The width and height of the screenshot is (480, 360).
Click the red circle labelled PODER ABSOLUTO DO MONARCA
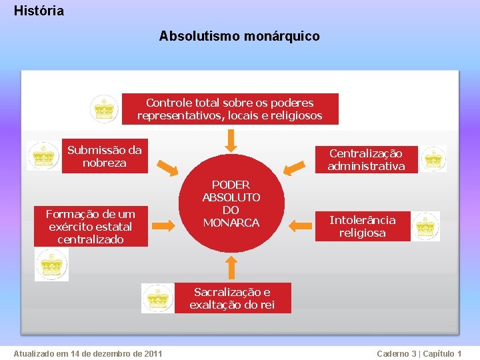[x=231, y=204]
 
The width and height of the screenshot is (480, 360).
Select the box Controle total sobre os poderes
[x=230, y=109]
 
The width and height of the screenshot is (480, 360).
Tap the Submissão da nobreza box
[x=105, y=157]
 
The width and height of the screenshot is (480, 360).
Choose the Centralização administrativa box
[x=366, y=160]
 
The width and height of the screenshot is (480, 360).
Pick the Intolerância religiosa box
[x=363, y=227]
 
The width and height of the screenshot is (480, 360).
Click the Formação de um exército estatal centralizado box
[x=91, y=227]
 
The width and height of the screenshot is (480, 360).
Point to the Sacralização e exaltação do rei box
[x=232, y=299]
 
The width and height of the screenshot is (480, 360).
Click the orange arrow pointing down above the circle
[x=231, y=139]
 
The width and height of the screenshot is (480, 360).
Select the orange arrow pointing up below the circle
[x=231, y=267]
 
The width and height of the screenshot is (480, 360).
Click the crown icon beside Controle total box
[x=105, y=109]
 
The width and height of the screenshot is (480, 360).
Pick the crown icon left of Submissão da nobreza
[x=43, y=156]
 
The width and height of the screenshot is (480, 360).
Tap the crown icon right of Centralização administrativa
[x=433, y=159]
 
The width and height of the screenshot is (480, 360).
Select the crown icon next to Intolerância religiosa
[x=425, y=227]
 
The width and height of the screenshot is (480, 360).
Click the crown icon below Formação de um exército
[x=51, y=265]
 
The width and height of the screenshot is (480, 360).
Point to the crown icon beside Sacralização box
[x=158, y=298]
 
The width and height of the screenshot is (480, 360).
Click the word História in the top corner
[x=39, y=11]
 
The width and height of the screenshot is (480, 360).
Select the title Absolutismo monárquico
[x=239, y=36]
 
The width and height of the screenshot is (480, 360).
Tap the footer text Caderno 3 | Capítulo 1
[x=419, y=353]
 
